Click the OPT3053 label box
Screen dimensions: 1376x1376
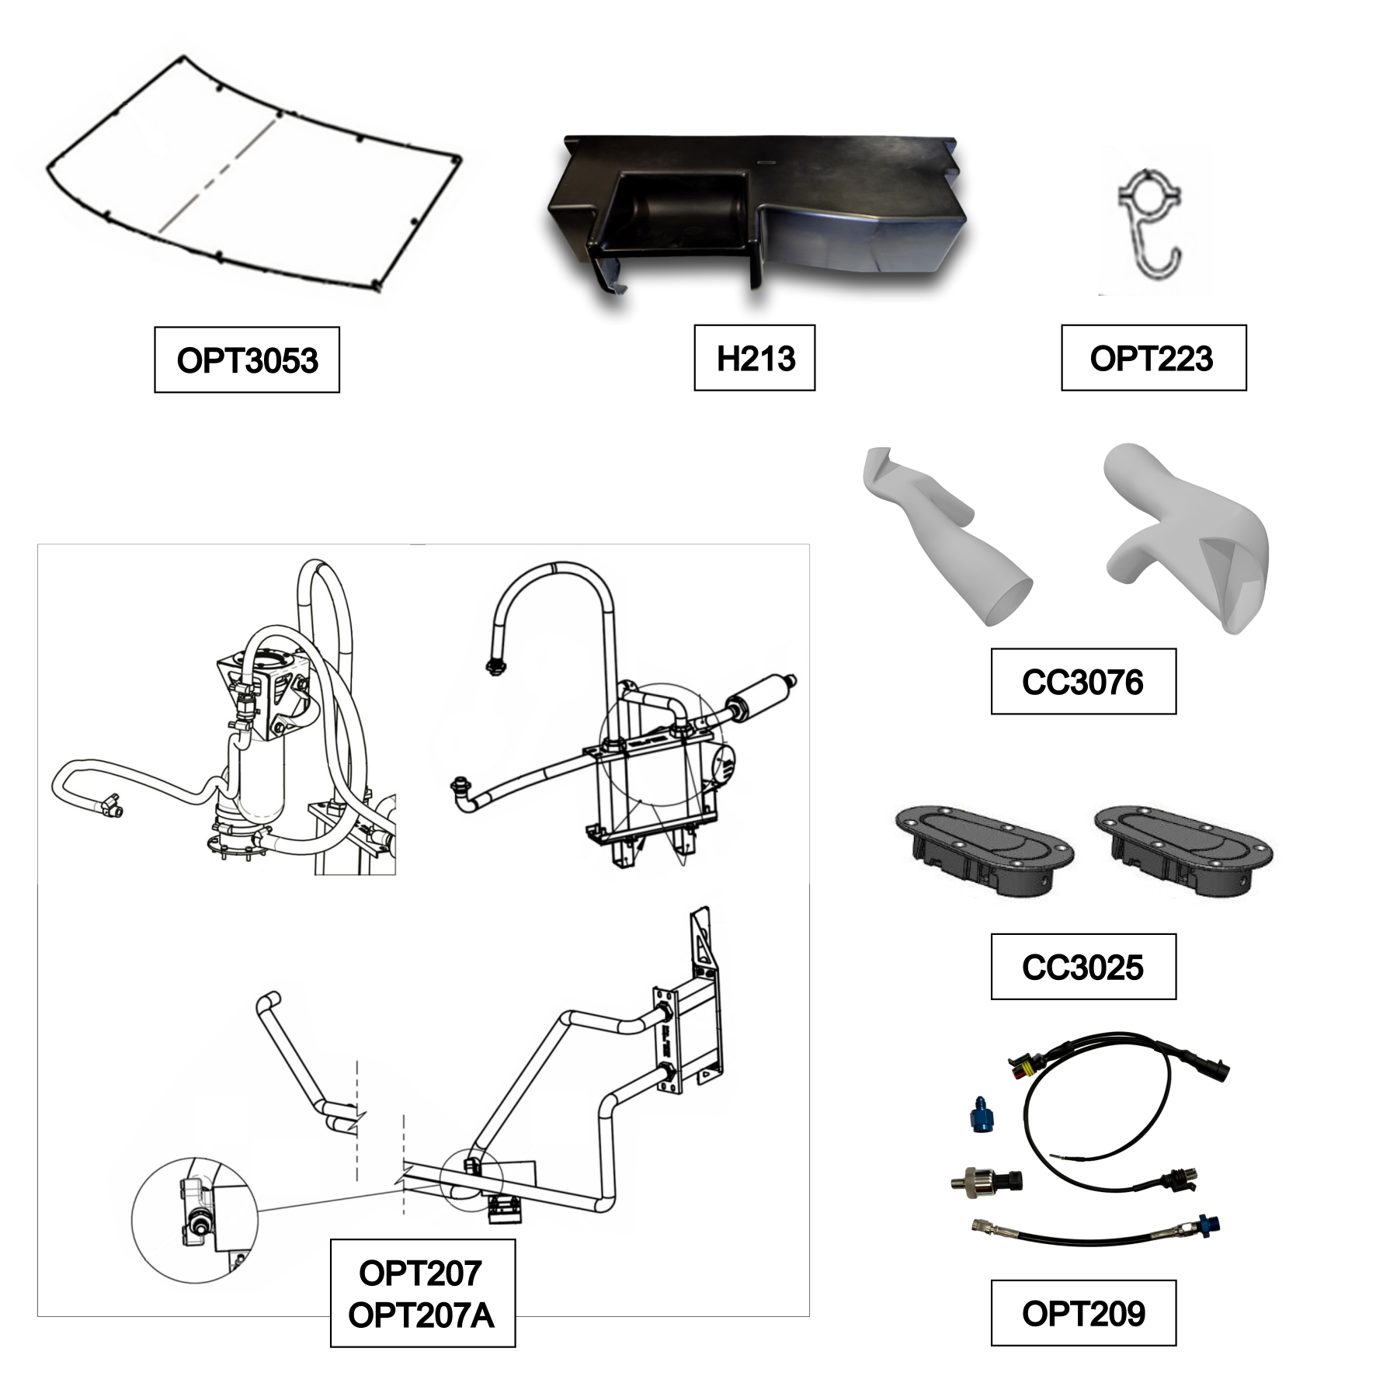247,360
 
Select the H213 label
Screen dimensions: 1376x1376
755,358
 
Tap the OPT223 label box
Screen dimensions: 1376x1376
1153,358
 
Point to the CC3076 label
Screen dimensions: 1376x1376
1083,681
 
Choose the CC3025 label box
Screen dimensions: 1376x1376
1083,966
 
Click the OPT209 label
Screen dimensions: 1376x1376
1083,1312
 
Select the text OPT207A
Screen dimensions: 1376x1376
421,1315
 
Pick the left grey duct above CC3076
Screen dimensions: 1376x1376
945,536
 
